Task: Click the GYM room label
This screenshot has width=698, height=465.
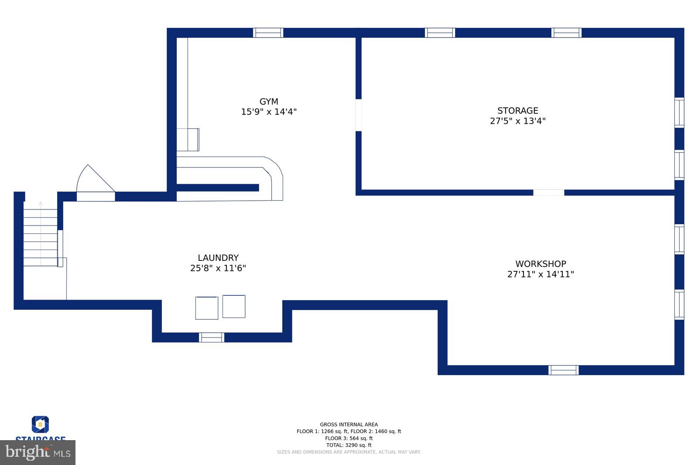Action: (x=269, y=102)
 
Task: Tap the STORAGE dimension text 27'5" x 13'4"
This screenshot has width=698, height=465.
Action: (x=517, y=121)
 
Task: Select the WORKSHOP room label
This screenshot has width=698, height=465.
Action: (x=541, y=264)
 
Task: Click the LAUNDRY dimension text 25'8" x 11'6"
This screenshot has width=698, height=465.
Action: (x=218, y=268)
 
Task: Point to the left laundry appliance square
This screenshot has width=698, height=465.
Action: (x=206, y=308)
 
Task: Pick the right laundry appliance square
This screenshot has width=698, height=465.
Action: (x=234, y=306)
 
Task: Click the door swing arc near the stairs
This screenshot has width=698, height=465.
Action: (x=94, y=180)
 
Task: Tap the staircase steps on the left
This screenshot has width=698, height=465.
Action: (x=40, y=238)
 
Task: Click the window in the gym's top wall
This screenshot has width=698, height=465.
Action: (x=268, y=33)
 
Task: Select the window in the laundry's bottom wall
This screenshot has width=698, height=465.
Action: (x=212, y=337)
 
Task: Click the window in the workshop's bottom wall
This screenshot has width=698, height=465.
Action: (x=563, y=370)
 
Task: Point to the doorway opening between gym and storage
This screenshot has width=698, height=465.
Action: (x=359, y=115)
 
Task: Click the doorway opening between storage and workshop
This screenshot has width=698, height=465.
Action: (x=548, y=192)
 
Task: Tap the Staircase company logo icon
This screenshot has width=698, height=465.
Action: (x=40, y=424)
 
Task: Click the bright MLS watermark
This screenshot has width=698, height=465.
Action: (x=38, y=452)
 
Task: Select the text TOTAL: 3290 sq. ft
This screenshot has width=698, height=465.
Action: (x=349, y=445)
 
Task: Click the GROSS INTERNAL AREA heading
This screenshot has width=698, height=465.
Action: (x=349, y=424)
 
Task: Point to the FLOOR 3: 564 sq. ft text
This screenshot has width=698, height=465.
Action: (x=349, y=438)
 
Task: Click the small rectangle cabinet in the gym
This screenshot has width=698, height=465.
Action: (x=188, y=140)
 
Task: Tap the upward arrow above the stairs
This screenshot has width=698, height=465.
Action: (x=41, y=204)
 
